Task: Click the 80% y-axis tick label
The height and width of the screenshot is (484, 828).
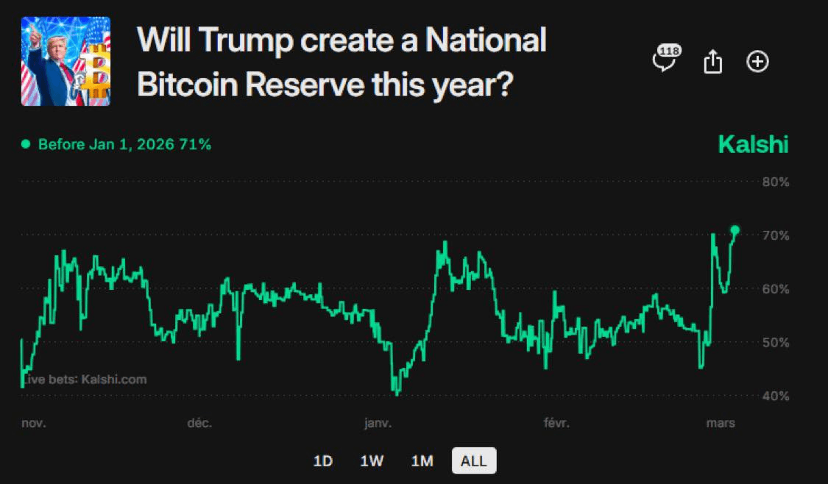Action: (x=776, y=182)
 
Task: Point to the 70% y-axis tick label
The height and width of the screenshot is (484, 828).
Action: (x=776, y=235)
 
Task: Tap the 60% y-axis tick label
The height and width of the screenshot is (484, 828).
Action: (x=776, y=289)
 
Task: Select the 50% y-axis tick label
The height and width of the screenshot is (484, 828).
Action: (x=776, y=343)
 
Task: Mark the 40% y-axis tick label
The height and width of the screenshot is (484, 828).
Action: (x=776, y=396)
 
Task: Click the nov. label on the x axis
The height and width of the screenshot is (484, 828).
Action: (x=33, y=423)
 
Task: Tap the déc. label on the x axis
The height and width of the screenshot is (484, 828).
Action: (x=200, y=423)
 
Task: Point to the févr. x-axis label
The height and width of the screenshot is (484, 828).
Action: (x=556, y=423)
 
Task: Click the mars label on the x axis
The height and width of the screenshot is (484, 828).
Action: (x=721, y=423)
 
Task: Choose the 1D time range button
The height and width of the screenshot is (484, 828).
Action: (x=323, y=461)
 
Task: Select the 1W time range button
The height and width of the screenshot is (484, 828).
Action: (x=372, y=461)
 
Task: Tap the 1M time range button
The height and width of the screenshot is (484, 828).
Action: (x=422, y=461)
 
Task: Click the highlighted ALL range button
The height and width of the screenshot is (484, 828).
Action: (x=473, y=461)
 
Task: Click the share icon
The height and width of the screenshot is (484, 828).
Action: (x=712, y=62)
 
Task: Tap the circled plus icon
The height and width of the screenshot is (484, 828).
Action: (x=757, y=62)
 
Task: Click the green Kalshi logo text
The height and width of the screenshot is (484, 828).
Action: (x=753, y=145)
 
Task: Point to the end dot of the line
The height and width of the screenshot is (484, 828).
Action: (x=735, y=230)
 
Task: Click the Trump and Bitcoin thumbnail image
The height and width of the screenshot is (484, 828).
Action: (x=66, y=61)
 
